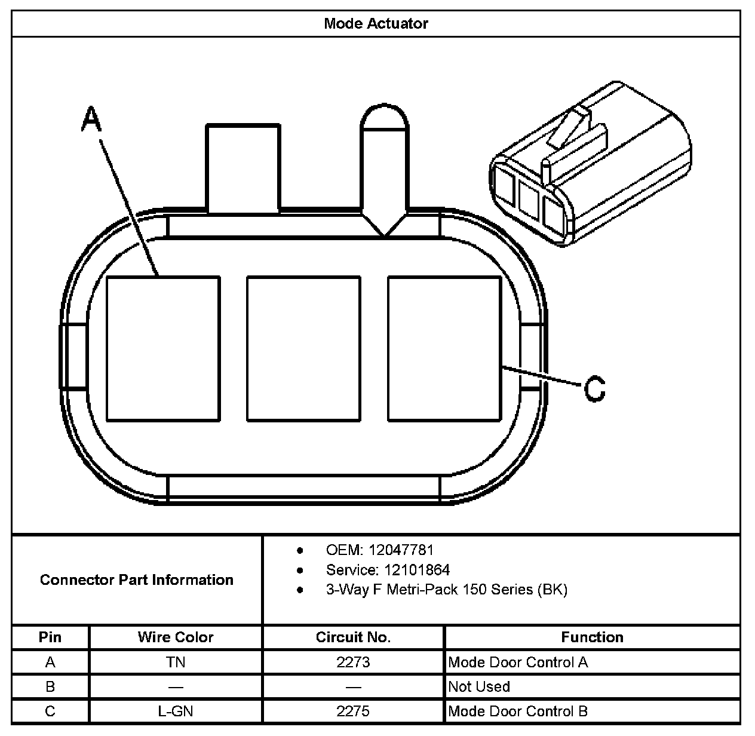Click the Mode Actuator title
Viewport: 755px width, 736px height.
[x=376, y=24]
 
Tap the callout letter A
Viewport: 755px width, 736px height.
[x=91, y=119]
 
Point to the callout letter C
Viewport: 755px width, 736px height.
[x=594, y=388]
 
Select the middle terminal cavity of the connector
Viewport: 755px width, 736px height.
[x=303, y=348]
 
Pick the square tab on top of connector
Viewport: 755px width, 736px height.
[x=243, y=168]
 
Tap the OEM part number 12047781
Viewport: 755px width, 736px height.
[x=401, y=550]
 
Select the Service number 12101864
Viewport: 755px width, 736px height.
[x=417, y=569]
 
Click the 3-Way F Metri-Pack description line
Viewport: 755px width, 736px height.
[x=446, y=590]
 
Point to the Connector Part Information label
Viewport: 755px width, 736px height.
[x=136, y=579]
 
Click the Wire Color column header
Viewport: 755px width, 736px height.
[x=175, y=637]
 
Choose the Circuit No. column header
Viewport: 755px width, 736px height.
[x=353, y=637]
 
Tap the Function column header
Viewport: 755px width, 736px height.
[x=592, y=637]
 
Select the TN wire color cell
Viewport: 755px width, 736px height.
[x=175, y=662]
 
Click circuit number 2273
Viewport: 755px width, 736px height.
[x=353, y=662]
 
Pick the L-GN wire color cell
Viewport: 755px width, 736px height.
[x=175, y=711]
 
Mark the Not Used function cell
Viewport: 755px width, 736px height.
[x=479, y=686]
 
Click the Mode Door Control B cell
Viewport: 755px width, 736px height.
[x=518, y=711]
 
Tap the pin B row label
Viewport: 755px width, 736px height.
[x=50, y=686]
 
